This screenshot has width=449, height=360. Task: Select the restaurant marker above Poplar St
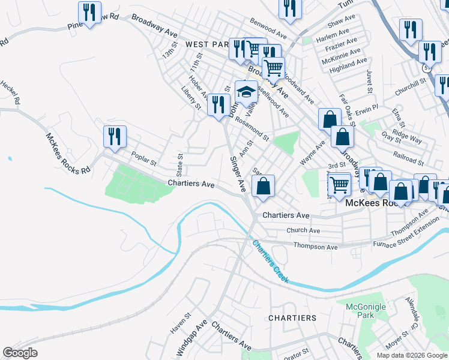(115, 136)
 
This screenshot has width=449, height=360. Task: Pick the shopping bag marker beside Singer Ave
(263, 186)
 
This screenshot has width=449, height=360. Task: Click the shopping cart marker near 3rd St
(340, 183)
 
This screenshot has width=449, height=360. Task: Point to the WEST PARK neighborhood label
(208, 44)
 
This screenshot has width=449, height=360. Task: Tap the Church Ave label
(303, 230)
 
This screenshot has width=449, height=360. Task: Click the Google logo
(20, 353)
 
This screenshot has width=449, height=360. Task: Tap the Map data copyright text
(411, 355)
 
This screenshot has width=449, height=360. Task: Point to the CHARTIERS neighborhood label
(292, 317)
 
